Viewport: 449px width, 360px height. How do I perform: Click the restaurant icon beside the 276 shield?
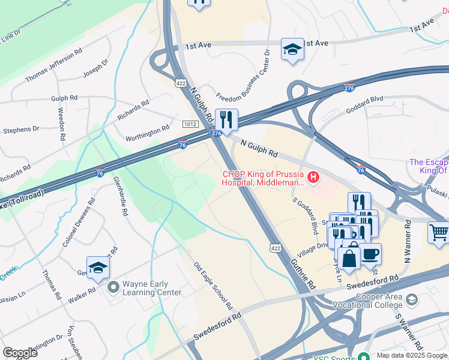pos(227,118)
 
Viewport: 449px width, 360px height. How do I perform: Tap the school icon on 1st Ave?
pos(292,49)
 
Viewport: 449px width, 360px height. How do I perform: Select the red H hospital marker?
pos(312,178)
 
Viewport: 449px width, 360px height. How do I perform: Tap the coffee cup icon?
pos(370,253)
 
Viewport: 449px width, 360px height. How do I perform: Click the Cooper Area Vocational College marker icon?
pos(412,299)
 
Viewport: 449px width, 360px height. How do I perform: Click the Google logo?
pos(20,353)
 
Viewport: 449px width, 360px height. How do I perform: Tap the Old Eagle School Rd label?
pos(213,286)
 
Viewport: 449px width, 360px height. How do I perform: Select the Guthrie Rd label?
pos(304,273)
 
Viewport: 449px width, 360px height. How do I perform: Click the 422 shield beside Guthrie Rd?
pos(275,247)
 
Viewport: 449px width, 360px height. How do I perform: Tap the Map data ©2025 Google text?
pos(411,355)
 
